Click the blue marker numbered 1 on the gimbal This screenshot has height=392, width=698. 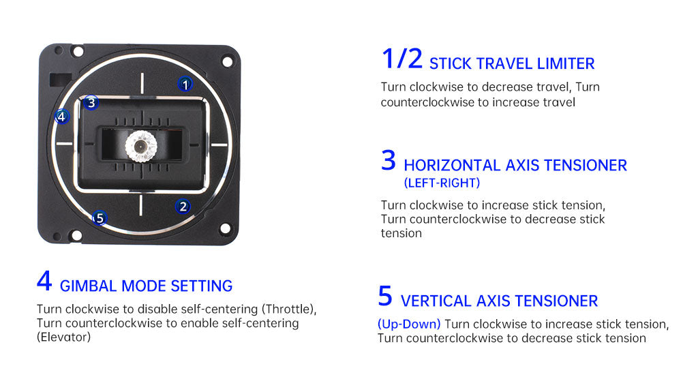click(x=185, y=84)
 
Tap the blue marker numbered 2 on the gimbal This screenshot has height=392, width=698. click(x=183, y=206)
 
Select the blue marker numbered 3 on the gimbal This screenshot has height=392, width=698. click(x=91, y=103)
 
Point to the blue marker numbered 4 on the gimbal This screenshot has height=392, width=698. click(x=62, y=117)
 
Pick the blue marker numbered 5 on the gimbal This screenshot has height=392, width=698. click(x=100, y=218)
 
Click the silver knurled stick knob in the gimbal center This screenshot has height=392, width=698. click(x=141, y=145)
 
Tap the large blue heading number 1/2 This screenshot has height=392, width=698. click(x=402, y=59)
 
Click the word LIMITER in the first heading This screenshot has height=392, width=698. click(x=563, y=64)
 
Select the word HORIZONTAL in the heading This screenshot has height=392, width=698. click(x=452, y=166)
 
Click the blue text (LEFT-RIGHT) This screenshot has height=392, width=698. click(x=442, y=183)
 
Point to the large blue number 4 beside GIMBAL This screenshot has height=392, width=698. click(x=44, y=282)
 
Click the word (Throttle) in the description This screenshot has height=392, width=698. click(x=289, y=309)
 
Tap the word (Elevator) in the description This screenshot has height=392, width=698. click(x=63, y=337)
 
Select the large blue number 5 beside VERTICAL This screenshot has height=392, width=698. click(x=385, y=297)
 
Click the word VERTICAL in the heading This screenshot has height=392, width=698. click(x=434, y=301)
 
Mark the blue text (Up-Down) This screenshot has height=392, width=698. click(x=409, y=324)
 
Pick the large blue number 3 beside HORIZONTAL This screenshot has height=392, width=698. click(x=389, y=161)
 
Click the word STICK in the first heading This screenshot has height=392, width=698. click(x=451, y=64)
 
